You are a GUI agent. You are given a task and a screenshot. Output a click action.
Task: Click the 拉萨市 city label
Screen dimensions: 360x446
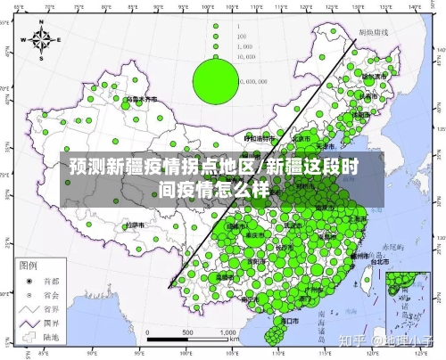coord(136,225)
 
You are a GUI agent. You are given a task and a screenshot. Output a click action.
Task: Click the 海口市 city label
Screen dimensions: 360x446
coord(288,318)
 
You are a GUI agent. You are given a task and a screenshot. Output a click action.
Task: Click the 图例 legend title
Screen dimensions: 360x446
coord(28,264)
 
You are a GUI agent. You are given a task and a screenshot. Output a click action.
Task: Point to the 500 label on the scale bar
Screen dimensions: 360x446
coord(189,332)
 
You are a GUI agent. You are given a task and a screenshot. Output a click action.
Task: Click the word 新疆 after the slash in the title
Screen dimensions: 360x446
coord(284,167)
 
